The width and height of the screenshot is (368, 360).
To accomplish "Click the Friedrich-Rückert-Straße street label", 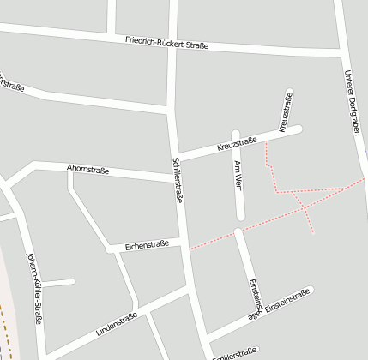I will point(166,43).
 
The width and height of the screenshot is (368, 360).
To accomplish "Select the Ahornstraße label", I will point(87,169).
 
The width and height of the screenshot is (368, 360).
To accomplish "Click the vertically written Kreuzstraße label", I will point(286,111).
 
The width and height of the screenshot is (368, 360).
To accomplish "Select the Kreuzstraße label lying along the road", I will point(238,143).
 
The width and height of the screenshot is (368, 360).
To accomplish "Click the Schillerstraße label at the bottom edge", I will point(233,352).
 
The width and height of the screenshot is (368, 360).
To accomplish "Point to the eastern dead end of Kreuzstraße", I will point(299,129).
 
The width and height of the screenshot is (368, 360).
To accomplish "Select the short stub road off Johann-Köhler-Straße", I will point(58,282).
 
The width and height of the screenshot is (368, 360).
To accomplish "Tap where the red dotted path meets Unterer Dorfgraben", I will point(364,179).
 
